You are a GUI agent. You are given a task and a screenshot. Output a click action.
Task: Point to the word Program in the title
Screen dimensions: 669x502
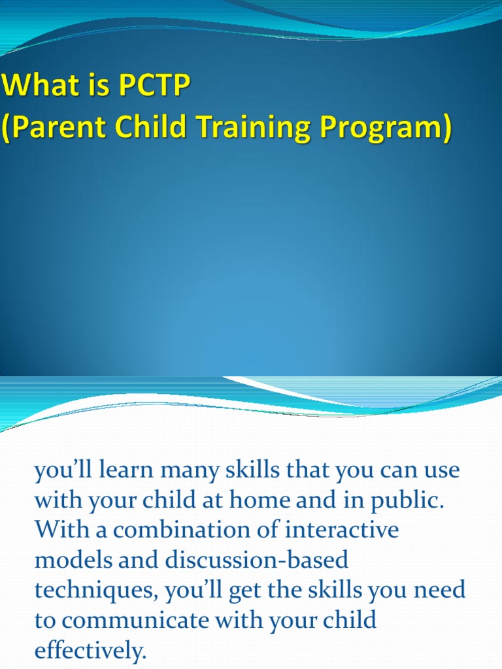[x=384, y=127]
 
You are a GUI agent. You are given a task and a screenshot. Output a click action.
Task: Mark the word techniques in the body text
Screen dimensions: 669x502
[x=95, y=591]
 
